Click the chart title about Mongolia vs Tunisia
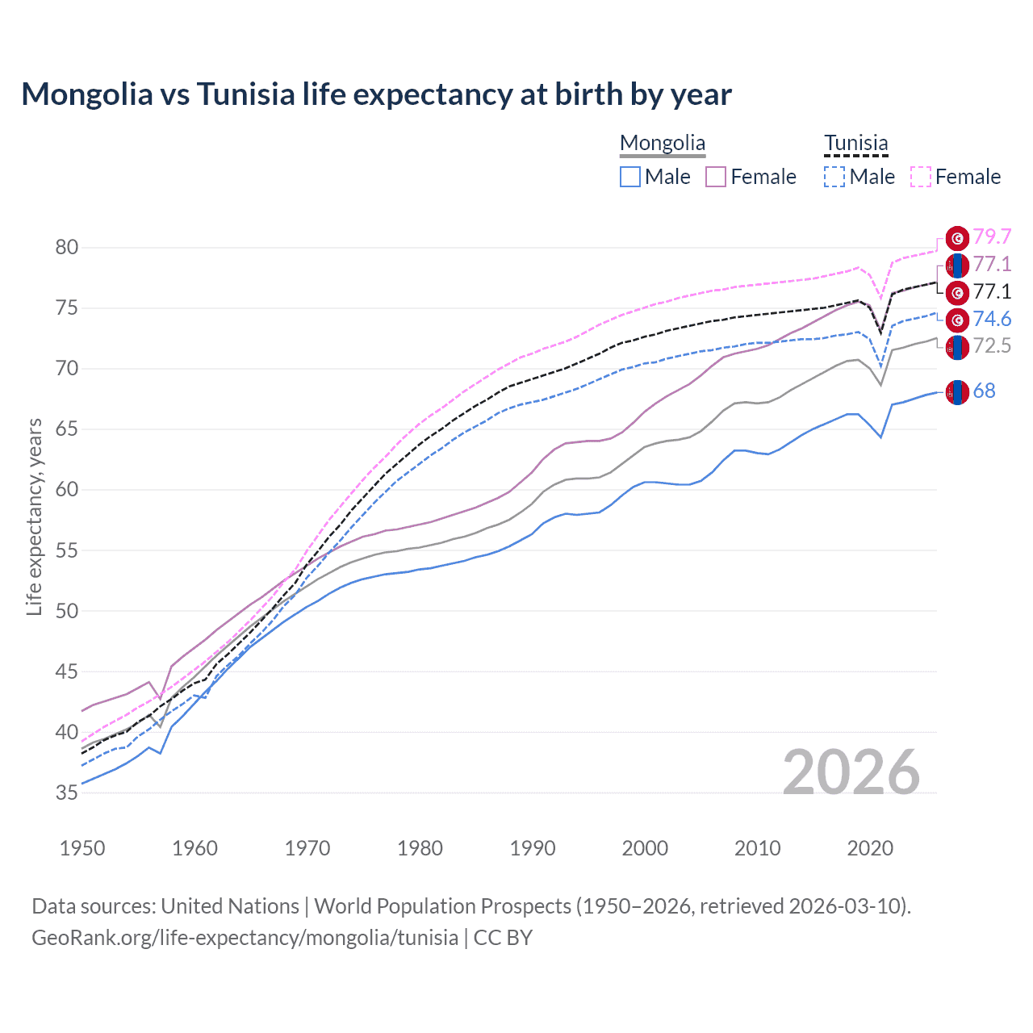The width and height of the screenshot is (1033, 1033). pos(376,94)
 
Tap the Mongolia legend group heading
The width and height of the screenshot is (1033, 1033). pos(663,144)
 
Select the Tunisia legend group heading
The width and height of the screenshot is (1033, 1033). pos(855,144)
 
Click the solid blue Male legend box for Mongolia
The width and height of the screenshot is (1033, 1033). pos(630,177)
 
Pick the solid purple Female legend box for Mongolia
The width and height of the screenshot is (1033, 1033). pos(716,177)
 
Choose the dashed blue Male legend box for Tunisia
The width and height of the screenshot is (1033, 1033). pos(834,177)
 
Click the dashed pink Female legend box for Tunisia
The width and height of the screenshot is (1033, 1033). pos(921,177)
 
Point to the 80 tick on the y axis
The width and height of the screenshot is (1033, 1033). pos(67,248)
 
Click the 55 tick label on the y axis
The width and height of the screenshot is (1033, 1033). pos(67,550)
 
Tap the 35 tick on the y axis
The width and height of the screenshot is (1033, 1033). pos(67,793)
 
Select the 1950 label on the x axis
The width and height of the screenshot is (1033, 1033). pos(82,848)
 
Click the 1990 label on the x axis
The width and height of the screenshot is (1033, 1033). pos(533,848)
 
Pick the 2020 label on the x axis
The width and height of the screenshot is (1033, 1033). pos(870,848)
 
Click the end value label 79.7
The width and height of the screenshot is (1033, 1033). pos(992,236)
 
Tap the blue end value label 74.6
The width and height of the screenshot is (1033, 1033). pos(992,319)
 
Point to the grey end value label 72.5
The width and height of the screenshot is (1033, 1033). pos(992,346)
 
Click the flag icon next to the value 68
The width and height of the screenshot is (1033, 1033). pos(957,391)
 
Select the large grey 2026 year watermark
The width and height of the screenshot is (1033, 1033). pos(851,772)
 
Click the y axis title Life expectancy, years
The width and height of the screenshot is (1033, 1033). pos(35,516)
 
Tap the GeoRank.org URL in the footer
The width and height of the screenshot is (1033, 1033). pos(245,938)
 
